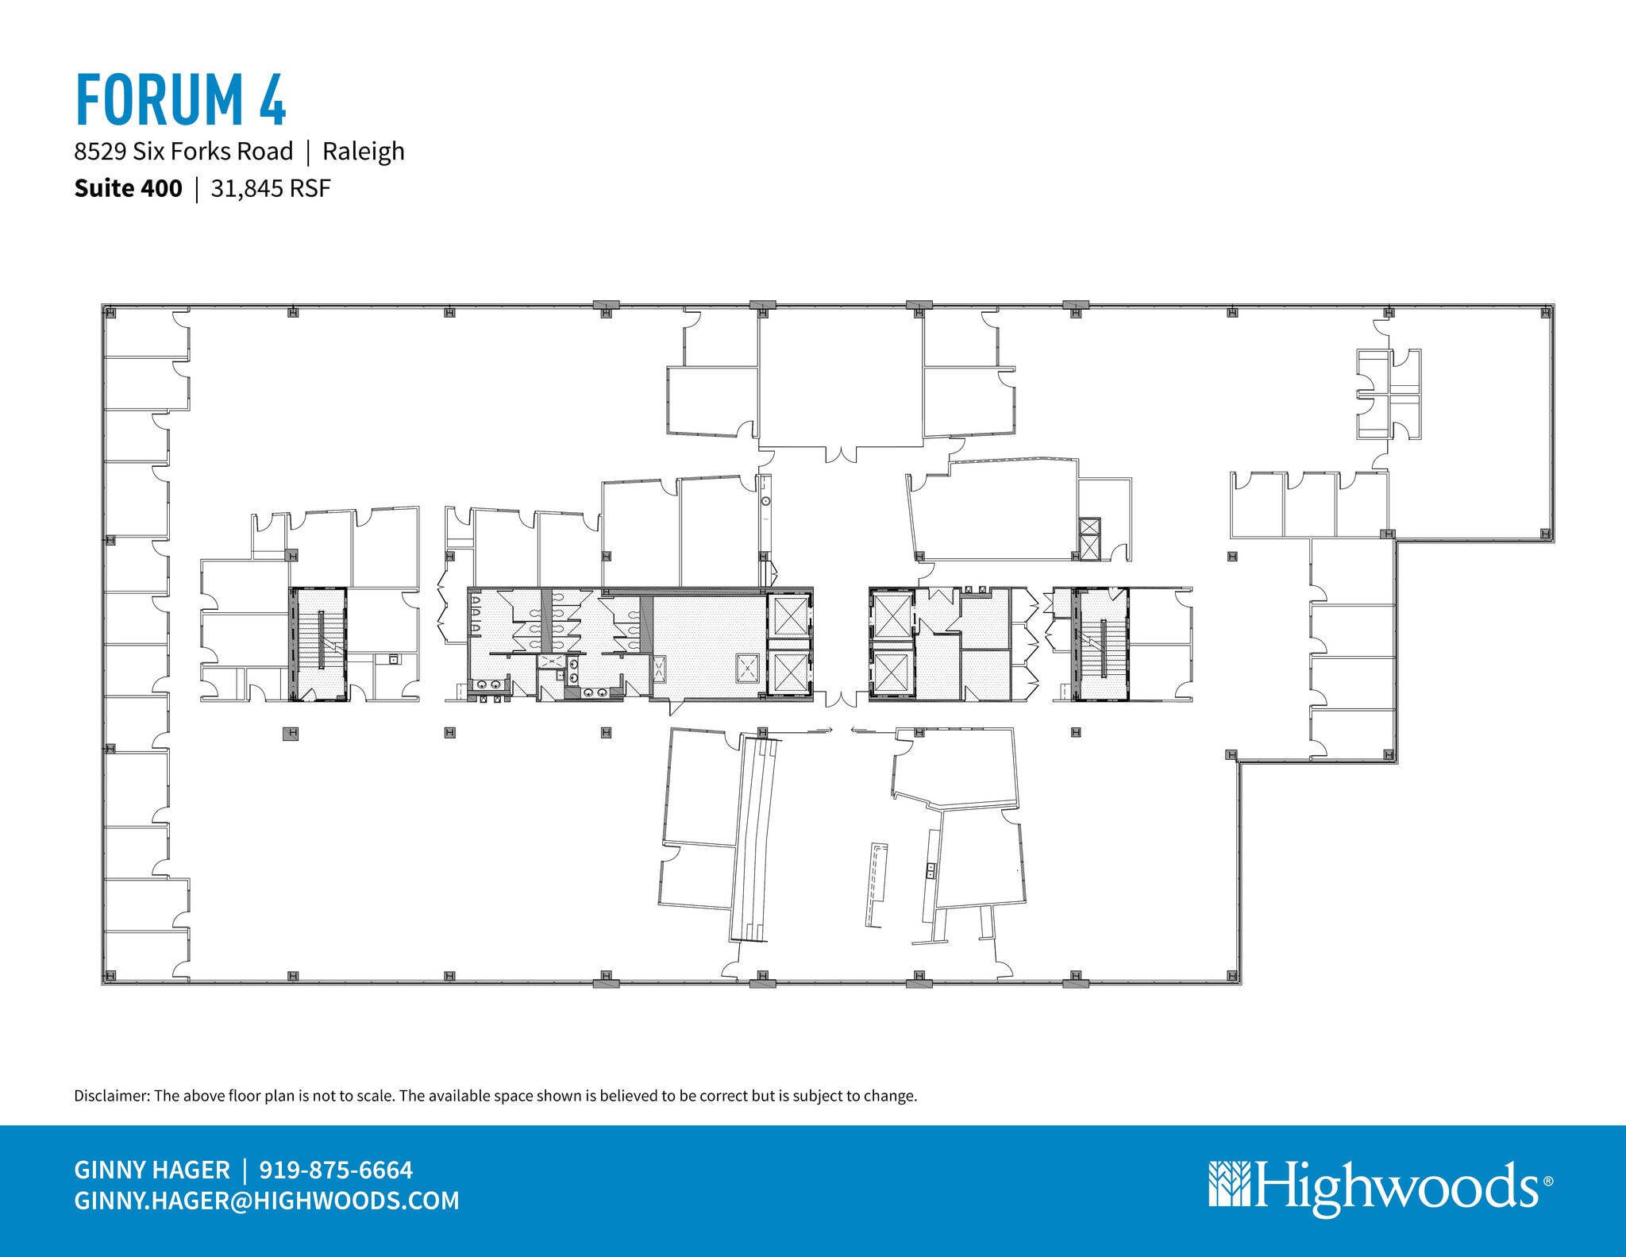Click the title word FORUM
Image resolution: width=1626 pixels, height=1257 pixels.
click(x=159, y=100)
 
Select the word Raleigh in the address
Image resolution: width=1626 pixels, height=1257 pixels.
click(x=363, y=151)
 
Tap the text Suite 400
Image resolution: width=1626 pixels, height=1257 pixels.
click(x=128, y=188)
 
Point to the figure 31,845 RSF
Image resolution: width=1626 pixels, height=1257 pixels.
click(x=270, y=188)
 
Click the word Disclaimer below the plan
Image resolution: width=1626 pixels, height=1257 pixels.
click(x=110, y=1096)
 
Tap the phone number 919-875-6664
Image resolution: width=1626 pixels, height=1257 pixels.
click(x=336, y=1170)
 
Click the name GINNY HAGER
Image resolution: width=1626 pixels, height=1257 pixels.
click(x=152, y=1170)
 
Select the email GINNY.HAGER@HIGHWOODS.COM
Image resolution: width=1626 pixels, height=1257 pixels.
click(x=267, y=1200)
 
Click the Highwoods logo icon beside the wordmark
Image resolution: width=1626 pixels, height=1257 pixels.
click(x=1229, y=1184)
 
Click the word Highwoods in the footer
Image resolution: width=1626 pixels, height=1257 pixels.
click(x=1397, y=1184)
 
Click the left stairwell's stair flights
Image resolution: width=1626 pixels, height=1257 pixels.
click(x=320, y=643)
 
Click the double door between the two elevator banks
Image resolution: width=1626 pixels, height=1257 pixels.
click(x=841, y=700)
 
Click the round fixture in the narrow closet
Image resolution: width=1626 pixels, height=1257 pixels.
click(x=765, y=502)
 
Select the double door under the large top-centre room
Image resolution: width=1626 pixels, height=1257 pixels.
click(x=841, y=455)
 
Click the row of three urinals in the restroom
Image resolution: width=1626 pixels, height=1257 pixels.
click(x=476, y=615)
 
